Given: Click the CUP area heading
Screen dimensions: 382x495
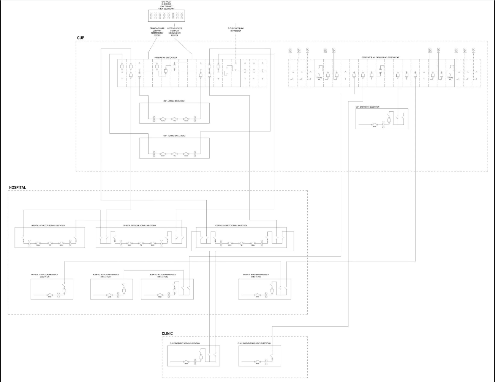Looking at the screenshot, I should pyautogui.click(x=81, y=38).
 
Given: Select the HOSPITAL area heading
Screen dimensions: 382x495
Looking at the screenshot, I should pyautogui.click(x=17, y=188).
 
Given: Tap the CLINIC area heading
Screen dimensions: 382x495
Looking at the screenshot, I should pyautogui.click(x=167, y=334).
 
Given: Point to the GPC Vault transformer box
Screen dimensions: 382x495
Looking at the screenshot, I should pyautogui.click(x=166, y=16).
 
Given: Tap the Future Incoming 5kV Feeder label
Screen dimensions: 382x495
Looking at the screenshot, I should pyautogui.click(x=236, y=30).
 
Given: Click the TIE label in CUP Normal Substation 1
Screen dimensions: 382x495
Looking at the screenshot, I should pyautogui.click(x=174, y=121).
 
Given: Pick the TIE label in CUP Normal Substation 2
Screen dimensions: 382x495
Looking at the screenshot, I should pyautogui.click(x=174, y=156).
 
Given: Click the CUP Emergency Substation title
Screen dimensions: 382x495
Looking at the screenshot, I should pyautogui.click(x=367, y=107).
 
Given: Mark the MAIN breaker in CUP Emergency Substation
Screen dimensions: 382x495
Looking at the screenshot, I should pyautogui.click(x=374, y=125).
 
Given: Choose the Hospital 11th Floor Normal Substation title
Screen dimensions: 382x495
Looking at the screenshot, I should pyautogui.click(x=48, y=226).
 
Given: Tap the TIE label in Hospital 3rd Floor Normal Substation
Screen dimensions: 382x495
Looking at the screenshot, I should pyautogui.click(x=141, y=246).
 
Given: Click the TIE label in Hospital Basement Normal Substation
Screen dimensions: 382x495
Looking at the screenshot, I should pyautogui.click(x=241, y=246).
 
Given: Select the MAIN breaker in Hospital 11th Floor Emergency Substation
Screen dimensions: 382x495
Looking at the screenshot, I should pyautogui.click(x=49, y=295).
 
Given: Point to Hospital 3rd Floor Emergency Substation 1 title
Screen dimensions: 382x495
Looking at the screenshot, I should pyautogui.click(x=106, y=276).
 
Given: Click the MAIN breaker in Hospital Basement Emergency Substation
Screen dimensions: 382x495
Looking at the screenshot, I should pyautogui.click(x=257, y=295).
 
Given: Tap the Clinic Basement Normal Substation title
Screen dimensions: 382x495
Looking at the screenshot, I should pyautogui.click(x=185, y=344).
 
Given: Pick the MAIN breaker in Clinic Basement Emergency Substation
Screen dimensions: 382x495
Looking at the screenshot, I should pyautogui.click(x=257, y=362).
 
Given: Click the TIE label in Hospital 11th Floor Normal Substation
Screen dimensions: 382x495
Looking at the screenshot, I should pyautogui.click(x=49, y=246).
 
